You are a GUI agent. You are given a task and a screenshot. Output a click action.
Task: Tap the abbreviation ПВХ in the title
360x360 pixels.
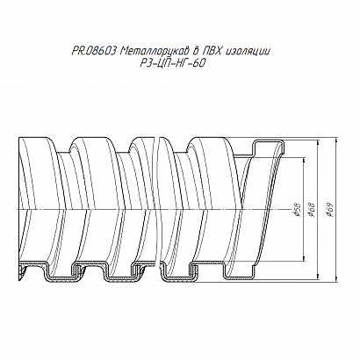[213, 52]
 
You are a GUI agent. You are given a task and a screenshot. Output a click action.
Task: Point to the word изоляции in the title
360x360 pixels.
[248, 52]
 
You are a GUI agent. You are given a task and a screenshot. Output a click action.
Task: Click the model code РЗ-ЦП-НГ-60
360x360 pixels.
[171, 63]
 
